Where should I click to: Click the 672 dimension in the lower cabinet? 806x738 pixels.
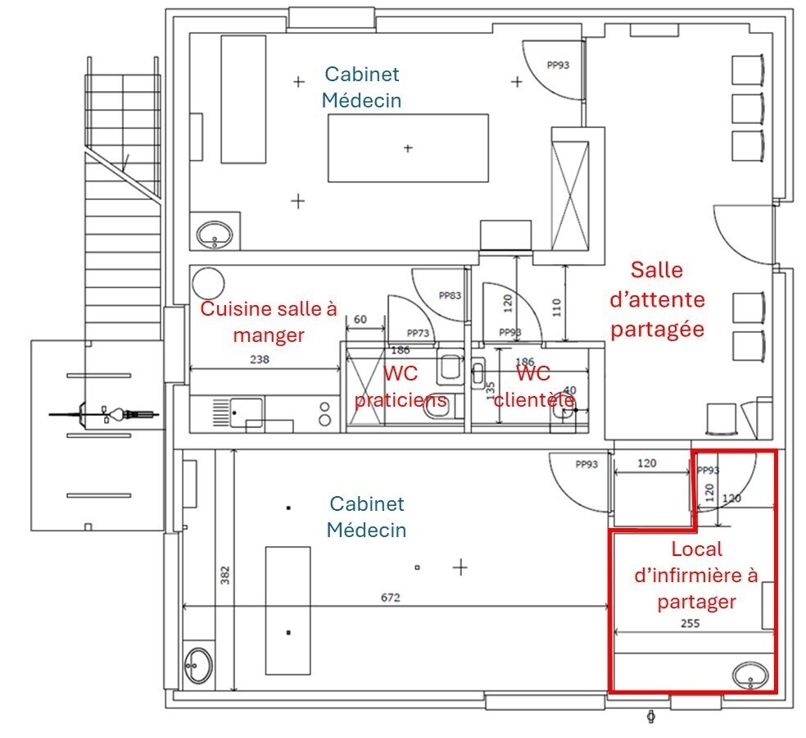click(x=390, y=598)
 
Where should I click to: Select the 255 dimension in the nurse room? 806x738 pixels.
click(x=691, y=623)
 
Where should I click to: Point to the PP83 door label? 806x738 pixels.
click(x=450, y=295)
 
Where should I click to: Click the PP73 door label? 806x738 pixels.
click(x=418, y=333)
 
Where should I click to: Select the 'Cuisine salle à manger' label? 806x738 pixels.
click(x=269, y=321)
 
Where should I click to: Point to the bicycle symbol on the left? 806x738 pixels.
click(x=105, y=413)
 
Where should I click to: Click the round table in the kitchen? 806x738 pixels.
click(x=208, y=283)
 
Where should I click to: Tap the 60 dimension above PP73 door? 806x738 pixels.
click(x=360, y=320)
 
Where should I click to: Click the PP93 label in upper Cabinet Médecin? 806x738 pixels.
click(x=557, y=66)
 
